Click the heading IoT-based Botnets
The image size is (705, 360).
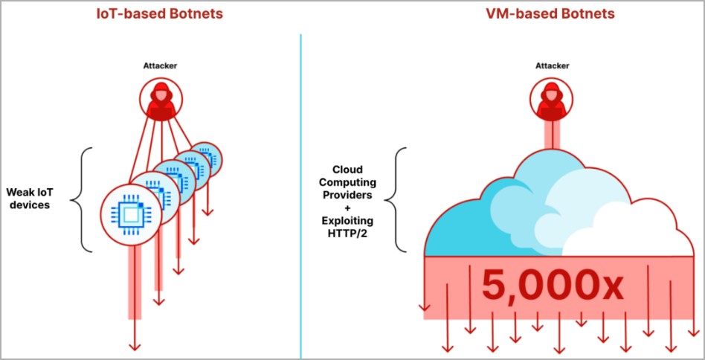[160, 13]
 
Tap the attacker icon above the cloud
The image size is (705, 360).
[552, 100]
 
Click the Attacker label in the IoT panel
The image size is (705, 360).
[160, 66]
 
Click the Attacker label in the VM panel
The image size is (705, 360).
[553, 66]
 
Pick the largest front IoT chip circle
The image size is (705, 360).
[132, 213]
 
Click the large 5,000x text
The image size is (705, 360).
[552, 285]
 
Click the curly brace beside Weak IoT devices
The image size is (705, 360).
[83, 197]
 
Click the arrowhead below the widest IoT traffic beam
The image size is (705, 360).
[135, 344]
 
